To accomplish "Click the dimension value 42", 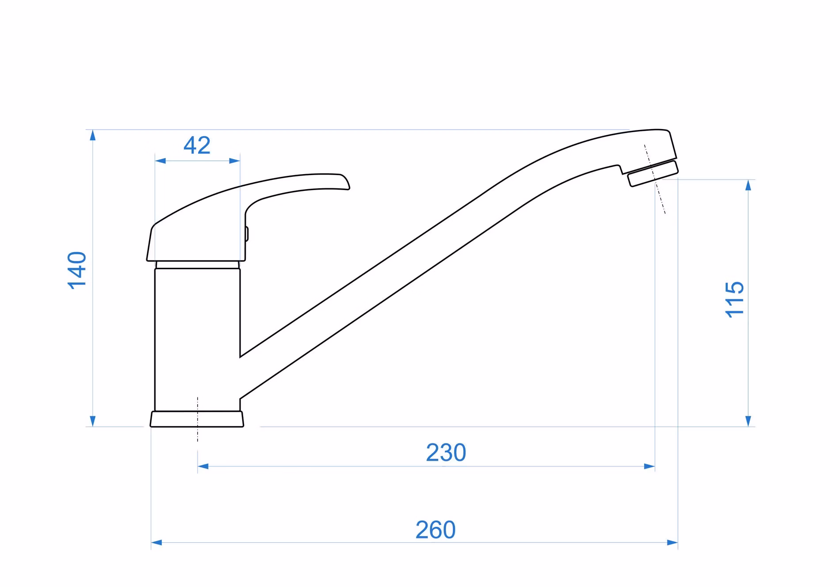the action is [x=197, y=145].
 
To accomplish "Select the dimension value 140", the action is [x=77, y=270].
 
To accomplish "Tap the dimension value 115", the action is [x=735, y=299].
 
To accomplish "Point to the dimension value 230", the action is [x=446, y=453].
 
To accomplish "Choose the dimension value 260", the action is [x=435, y=530].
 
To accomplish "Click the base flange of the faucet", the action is [x=197, y=419].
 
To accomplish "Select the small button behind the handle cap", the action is [x=247, y=234].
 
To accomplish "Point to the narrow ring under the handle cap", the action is [x=197, y=265].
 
